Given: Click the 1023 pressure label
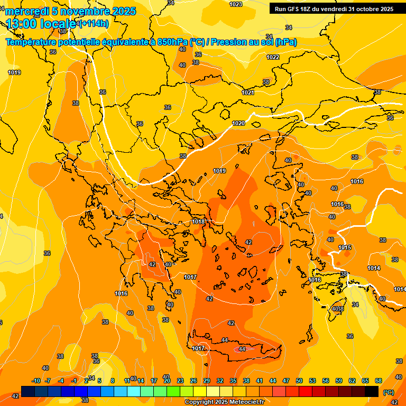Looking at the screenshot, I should tap(236, 4).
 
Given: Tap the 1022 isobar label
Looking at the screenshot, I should tap(273, 57).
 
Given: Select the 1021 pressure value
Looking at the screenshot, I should tap(248, 93).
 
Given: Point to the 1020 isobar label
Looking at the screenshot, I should tap(238, 123).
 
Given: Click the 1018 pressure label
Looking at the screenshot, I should tap(198, 222).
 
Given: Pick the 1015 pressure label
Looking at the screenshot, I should tap(345, 247).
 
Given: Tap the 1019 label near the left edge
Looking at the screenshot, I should tap(14, 72).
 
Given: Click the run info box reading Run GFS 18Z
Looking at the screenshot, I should tap(334, 9).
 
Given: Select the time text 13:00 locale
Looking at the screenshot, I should tap(41, 24).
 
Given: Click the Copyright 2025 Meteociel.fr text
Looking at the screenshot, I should tap(224, 402).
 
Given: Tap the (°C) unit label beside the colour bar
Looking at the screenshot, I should tap(388, 392).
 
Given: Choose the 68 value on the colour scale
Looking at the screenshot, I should tap(378, 381).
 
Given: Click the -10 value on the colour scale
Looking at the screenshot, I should tap(36, 381).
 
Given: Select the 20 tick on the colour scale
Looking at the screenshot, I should tap(167, 381).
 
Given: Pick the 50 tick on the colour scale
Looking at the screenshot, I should tap(299, 381).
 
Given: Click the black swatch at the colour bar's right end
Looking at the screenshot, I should tap(372, 391).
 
